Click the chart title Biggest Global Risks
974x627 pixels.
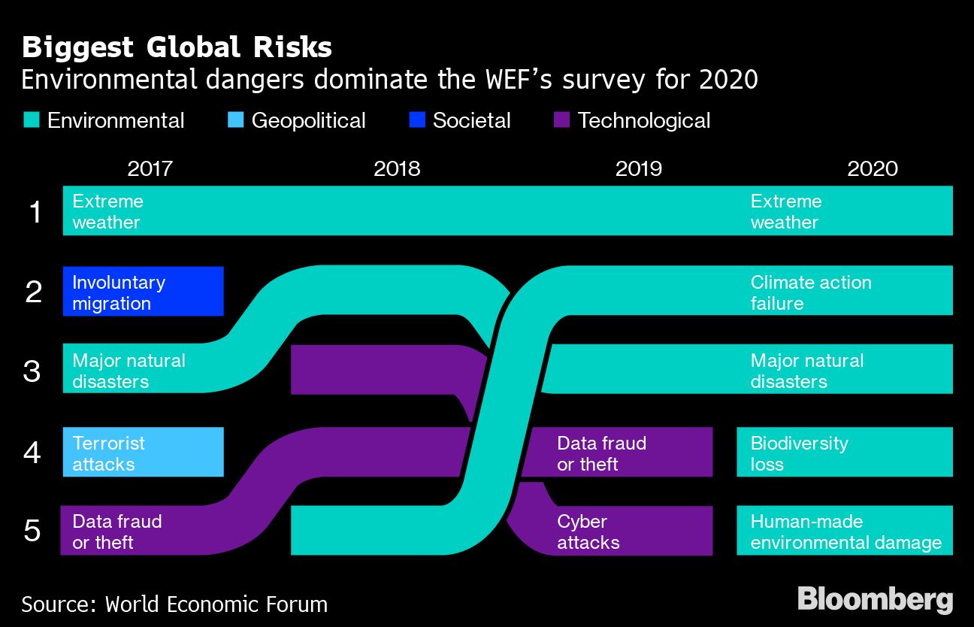click(177, 47)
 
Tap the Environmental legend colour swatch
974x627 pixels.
click(31, 120)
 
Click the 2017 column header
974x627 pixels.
click(150, 168)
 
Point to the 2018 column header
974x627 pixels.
click(397, 168)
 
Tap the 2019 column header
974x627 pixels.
click(639, 168)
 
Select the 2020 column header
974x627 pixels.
click(873, 168)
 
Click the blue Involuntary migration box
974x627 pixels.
click(144, 291)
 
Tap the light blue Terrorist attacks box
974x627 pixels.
click(144, 452)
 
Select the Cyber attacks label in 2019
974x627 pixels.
click(588, 532)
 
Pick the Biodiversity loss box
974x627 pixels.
click(844, 452)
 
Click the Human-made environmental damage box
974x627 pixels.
click(844, 531)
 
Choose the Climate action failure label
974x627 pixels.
click(811, 292)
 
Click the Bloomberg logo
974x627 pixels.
click(875, 600)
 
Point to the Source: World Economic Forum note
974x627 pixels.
click(174, 604)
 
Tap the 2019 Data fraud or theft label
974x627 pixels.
click(601, 453)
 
